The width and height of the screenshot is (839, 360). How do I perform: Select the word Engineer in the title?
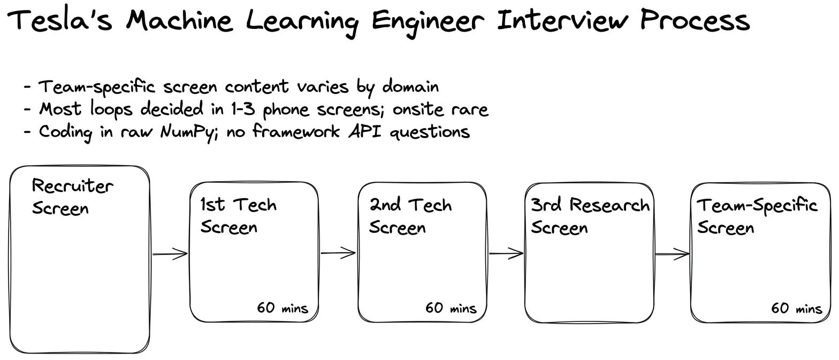click(428, 22)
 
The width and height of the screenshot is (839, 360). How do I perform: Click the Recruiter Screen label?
click(72, 197)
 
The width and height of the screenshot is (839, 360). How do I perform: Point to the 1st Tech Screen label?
click(239, 216)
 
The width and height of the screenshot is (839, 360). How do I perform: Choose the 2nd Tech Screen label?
click(410, 216)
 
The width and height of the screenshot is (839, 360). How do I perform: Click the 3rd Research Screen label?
click(590, 216)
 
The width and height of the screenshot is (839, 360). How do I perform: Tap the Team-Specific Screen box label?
click(757, 216)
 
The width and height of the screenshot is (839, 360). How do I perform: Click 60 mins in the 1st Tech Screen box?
click(283, 308)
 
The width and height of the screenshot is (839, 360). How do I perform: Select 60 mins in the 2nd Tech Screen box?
click(451, 308)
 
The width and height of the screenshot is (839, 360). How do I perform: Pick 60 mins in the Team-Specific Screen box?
click(796, 308)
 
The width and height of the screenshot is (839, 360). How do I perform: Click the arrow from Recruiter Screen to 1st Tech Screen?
click(170, 254)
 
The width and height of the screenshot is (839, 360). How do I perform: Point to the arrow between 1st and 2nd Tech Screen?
click(338, 253)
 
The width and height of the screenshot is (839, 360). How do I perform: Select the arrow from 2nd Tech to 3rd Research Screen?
click(506, 253)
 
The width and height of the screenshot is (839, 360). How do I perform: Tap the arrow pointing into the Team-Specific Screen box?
click(672, 254)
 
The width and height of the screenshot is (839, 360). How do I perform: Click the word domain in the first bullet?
click(410, 87)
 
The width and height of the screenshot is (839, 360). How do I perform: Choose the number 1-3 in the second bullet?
click(243, 109)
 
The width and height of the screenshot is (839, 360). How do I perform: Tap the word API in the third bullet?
click(365, 132)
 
